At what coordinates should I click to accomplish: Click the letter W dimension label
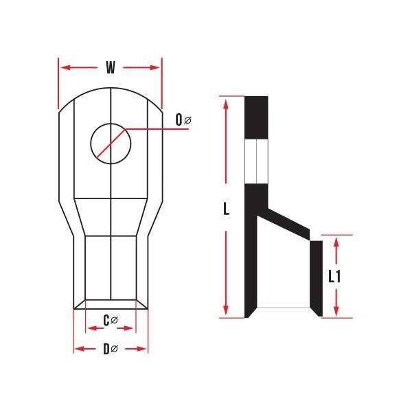tap(111, 67)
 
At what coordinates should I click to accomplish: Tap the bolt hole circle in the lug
tap(91, 144)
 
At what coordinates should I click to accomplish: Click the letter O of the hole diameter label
tap(179, 119)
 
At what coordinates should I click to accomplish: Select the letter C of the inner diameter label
tap(106, 321)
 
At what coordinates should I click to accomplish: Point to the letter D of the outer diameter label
tap(106, 350)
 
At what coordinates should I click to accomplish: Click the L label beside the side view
tap(226, 209)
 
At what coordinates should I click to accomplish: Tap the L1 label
tap(334, 277)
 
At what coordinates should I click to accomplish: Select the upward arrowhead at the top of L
tap(226, 104)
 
